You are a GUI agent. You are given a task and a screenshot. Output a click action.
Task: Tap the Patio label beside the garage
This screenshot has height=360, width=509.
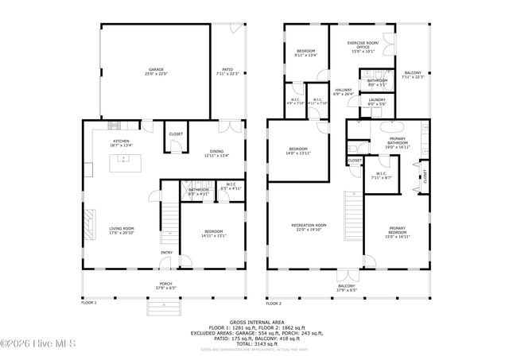pyautogui.click(x=227, y=71)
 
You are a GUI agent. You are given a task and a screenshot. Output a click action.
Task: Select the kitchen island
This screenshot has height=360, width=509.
pyautogui.click(x=122, y=163)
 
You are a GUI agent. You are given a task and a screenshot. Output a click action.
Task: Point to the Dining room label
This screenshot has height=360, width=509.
pyautogui.click(x=217, y=153)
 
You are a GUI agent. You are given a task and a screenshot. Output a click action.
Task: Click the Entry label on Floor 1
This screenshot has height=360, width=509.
pyautogui.click(x=166, y=253)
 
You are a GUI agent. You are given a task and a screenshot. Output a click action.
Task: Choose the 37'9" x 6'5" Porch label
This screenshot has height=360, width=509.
pyautogui.click(x=165, y=285)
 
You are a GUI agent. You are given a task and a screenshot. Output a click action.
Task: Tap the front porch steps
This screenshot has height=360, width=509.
pyautogui.click(x=157, y=307)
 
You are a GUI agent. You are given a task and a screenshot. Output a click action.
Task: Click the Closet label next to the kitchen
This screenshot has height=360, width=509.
pyautogui.click(x=176, y=134)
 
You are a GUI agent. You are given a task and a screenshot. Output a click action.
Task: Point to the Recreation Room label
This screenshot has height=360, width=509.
pyautogui.click(x=310, y=226)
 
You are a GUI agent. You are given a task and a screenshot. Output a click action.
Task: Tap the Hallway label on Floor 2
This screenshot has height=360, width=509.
pyautogui.click(x=343, y=92)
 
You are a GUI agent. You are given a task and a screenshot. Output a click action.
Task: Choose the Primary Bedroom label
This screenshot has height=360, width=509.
pyautogui.click(x=398, y=234)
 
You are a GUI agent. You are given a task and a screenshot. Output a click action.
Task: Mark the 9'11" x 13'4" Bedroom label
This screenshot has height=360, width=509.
pyautogui.click(x=306, y=53)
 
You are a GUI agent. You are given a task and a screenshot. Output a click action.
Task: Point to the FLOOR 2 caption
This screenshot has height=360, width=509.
pyautogui.click(x=274, y=303)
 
